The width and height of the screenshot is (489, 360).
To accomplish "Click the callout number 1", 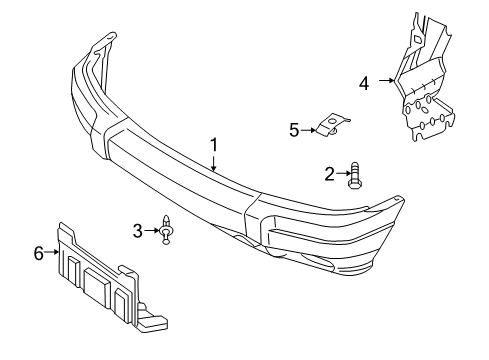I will (213, 145).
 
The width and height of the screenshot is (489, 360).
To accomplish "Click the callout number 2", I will (330, 174).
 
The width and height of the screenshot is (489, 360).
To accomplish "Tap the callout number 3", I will (138, 232).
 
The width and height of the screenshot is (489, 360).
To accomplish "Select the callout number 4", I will (364, 82).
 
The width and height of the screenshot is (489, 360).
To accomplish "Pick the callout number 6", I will (38, 254).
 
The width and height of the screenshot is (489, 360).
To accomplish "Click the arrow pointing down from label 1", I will (213, 163).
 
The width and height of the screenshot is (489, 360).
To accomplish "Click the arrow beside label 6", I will (52, 254).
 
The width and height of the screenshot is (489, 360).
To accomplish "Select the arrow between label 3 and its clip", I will (152, 232).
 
